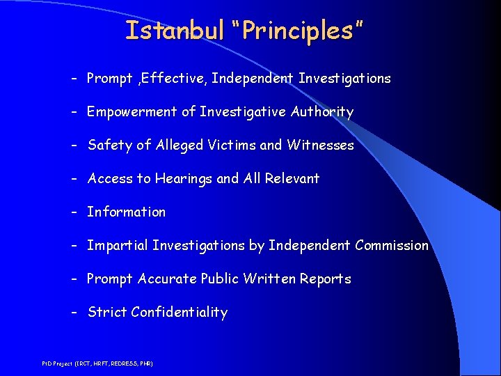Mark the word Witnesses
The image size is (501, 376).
(x=320, y=146)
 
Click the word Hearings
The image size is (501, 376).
(x=183, y=179)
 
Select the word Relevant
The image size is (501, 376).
(x=291, y=179)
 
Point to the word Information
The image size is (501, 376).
(x=126, y=212)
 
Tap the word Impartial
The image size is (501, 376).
(x=117, y=246)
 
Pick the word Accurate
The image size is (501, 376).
(x=167, y=279)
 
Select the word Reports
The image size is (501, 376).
(x=326, y=279)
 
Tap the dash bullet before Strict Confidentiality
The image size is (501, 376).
(x=74, y=313)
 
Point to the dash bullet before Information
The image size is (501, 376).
(x=74, y=212)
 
